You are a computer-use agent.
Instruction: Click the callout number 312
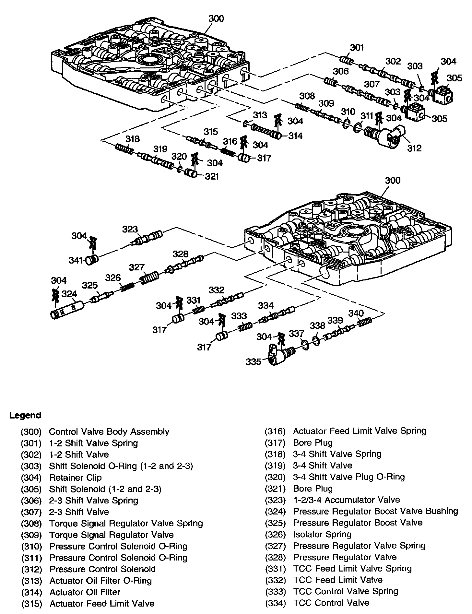coord(414,148)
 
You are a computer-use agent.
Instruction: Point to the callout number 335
coord(253,361)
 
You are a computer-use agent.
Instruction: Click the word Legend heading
coord(25,415)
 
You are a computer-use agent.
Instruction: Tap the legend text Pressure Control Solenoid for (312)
coord(102,569)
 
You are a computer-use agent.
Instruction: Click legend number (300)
coord(31,432)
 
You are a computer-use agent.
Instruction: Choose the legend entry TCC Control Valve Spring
coord(346,591)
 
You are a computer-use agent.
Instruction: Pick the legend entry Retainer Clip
coord(75,478)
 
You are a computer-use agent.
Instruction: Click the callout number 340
coord(356,313)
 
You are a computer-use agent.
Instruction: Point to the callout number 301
coord(357,48)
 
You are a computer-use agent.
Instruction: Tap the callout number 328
coord(180,254)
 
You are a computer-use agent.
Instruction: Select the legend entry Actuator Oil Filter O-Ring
coord(100,580)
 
